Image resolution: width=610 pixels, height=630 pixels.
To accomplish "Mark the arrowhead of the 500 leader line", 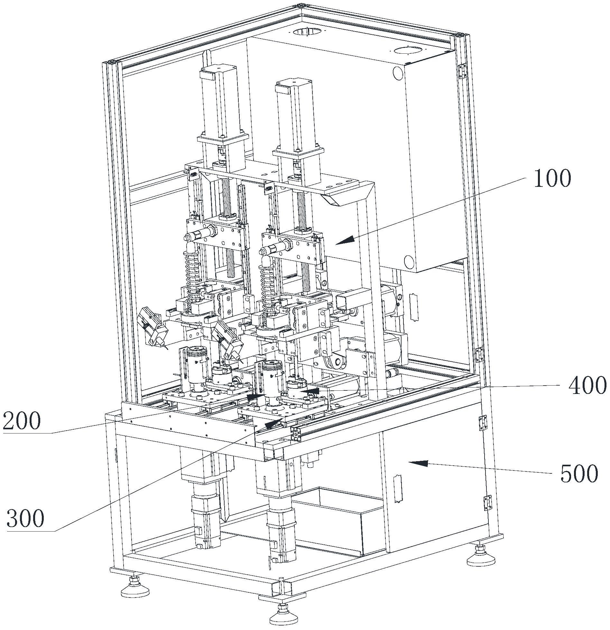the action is tap(418, 463).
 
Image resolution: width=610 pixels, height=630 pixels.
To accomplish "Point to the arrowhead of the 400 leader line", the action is tap(309, 391).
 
